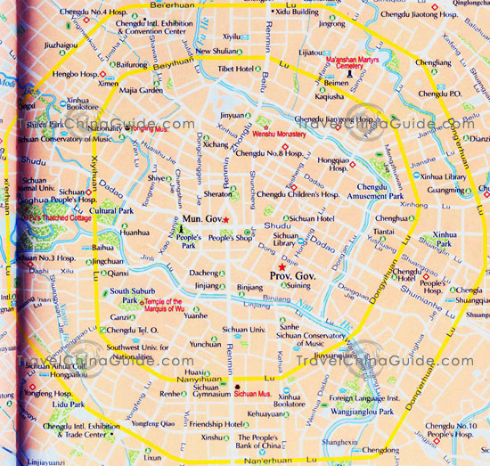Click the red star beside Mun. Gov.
[226, 219]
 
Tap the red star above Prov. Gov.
[282, 267]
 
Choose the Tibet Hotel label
[235, 69]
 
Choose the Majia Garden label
[139, 90]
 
